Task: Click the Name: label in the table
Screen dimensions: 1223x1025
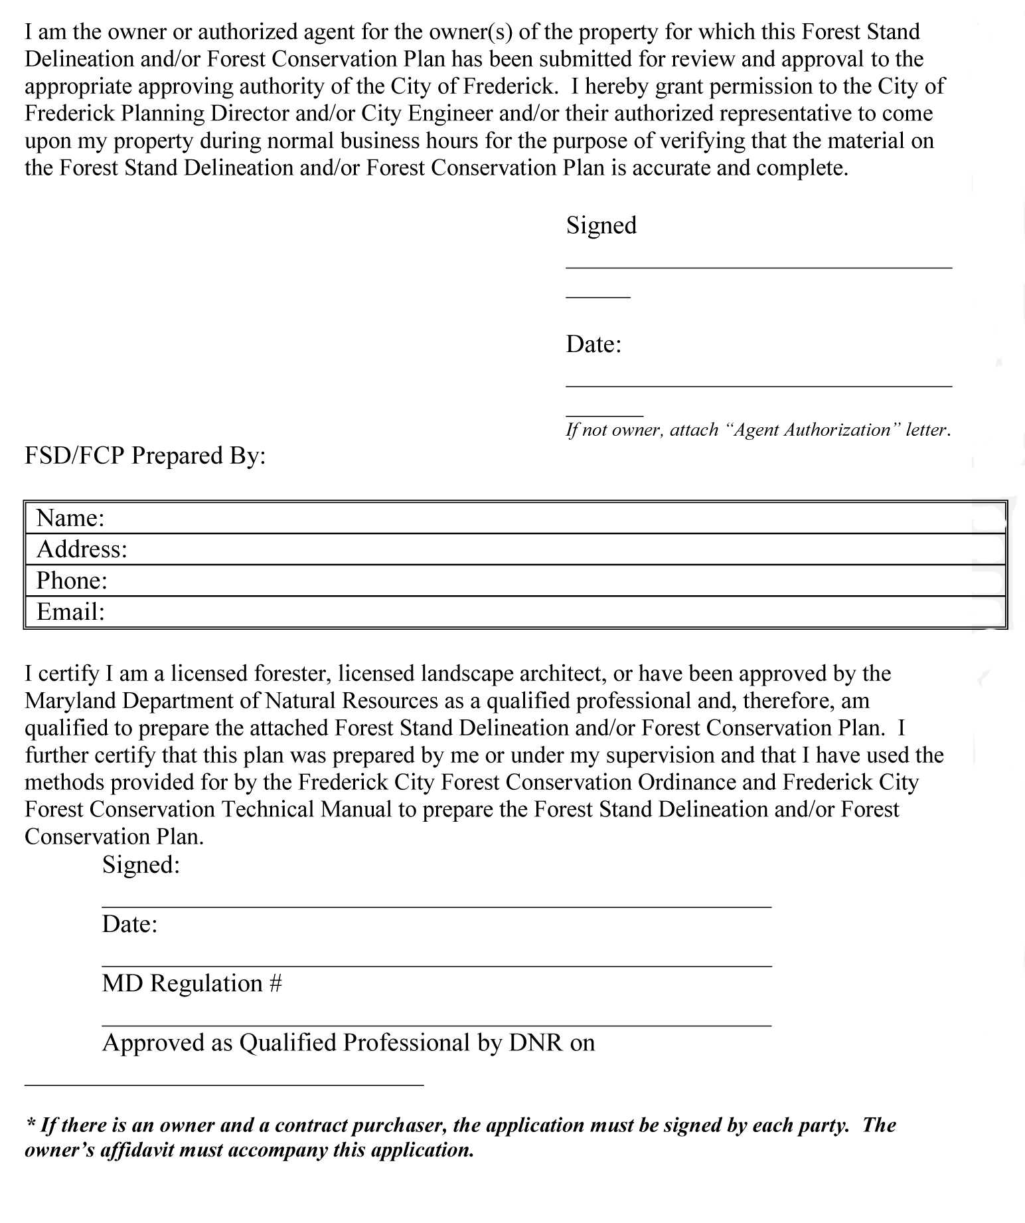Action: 70,517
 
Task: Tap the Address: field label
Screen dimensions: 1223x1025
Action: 82,549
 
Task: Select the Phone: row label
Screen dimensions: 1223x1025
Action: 72,581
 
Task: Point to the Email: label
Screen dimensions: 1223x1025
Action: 70,611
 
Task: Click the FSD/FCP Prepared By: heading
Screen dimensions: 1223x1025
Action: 145,456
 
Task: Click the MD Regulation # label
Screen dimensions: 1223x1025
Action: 192,983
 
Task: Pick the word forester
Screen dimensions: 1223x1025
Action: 292,674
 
